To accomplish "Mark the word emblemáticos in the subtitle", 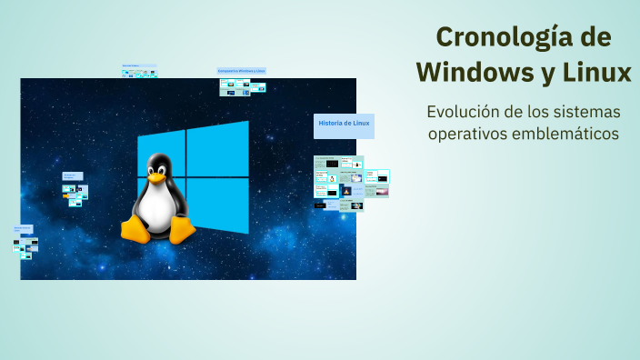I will [567, 134].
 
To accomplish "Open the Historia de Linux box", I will [344, 125].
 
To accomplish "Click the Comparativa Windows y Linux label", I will [242, 71].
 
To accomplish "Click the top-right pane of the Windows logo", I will [217, 148].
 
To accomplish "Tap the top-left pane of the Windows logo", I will [161, 154].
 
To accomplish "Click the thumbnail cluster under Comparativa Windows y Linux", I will [242, 87].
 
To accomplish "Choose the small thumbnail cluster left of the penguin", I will [75, 192].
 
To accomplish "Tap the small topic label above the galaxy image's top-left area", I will [138, 66].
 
